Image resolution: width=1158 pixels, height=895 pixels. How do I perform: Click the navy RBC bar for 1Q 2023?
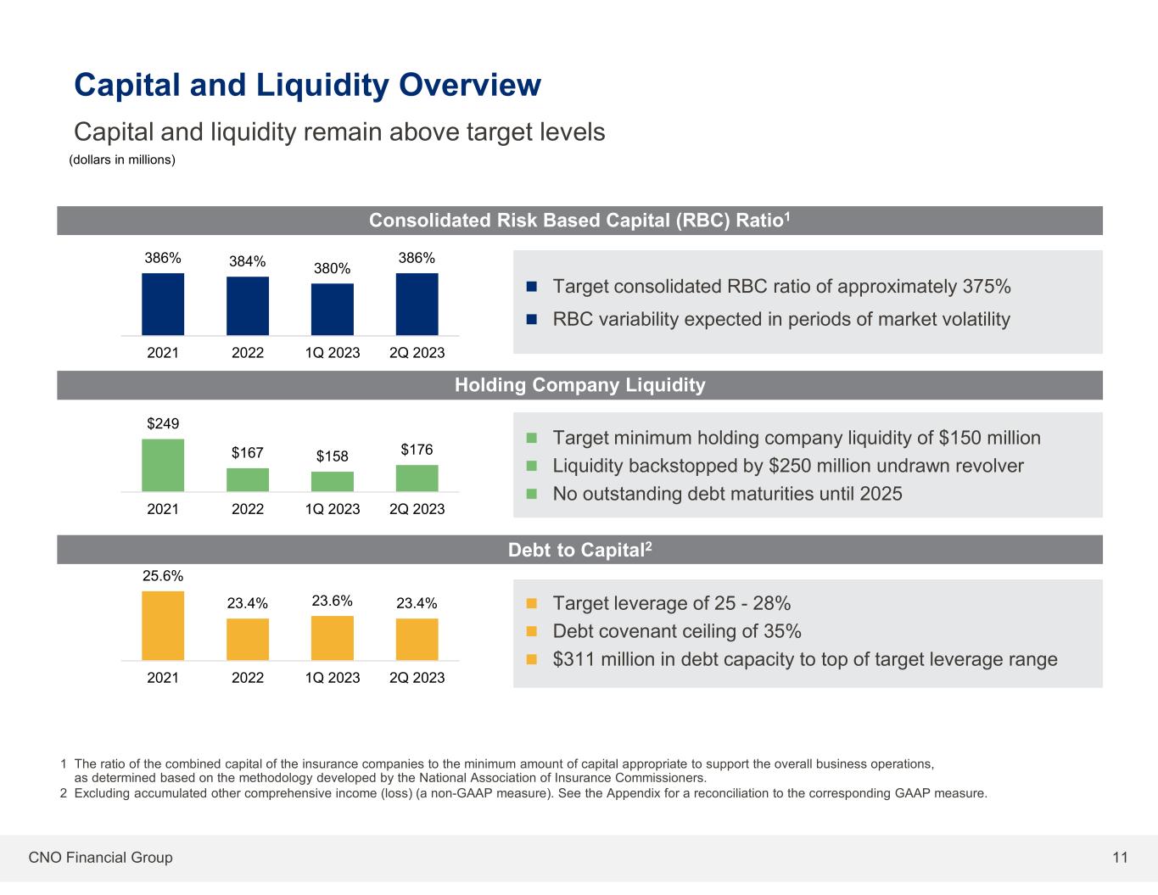point(333,309)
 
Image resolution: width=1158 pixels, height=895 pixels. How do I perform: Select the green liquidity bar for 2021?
point(163,465)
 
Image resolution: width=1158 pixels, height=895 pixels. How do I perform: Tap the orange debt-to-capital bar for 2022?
point(248,639)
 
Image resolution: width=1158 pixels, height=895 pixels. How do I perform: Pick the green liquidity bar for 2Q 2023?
point(417,478)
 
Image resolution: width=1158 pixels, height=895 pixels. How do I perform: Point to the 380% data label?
point(333,268)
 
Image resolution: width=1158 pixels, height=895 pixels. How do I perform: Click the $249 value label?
point(163,423)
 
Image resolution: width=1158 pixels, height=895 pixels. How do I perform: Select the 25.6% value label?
point(163,575)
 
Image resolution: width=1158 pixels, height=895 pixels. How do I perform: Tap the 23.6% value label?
point(333,601)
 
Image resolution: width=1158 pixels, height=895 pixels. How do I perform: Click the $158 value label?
point(333,456)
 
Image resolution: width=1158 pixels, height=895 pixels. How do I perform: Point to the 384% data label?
point(248,261)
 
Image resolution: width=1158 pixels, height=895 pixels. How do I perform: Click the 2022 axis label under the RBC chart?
point(248,352)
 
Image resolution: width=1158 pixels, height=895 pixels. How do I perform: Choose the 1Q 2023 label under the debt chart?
point(333,678)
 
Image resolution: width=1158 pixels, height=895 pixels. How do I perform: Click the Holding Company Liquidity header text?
point(579,385)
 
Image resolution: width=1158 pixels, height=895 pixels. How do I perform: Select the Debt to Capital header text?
point(579,550)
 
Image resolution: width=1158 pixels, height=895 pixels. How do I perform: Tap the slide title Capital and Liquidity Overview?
point(307,85)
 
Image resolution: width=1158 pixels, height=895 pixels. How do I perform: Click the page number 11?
point(1120,858)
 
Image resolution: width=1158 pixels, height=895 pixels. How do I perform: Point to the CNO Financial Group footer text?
point(100,858)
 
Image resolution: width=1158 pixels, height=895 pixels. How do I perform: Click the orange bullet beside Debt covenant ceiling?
point(533,631)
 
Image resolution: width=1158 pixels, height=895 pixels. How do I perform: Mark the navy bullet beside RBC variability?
point(533,320)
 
